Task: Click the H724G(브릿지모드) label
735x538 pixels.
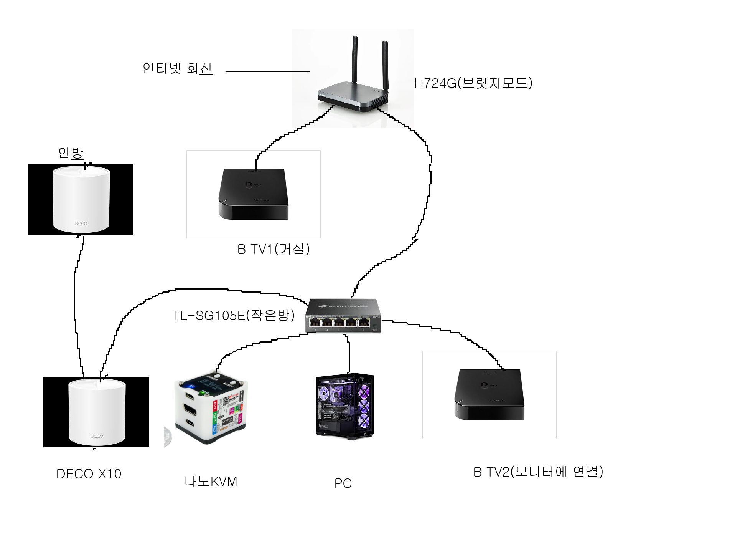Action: tap(473, 83)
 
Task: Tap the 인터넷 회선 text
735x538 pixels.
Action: tap(177, 68)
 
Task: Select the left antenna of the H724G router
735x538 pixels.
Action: tap(355, 61)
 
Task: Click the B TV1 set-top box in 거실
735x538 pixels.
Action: tap(253, 194)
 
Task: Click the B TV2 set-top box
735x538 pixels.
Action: tap(489, 394)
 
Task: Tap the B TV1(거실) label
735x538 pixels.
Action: tap(273, 249)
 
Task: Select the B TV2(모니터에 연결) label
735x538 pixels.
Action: tap(538, 472)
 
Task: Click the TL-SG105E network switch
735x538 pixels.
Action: tap(343, 316)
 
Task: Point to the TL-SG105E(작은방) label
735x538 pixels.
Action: tap(233, 315)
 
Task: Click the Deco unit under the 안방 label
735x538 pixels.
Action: tap(81, 199)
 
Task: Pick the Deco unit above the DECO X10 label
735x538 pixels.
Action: tap(97, 412)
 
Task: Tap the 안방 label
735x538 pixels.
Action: tap(71, 153)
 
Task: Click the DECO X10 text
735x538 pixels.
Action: tap(89, 474)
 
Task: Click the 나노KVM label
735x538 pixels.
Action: tap(211, 482)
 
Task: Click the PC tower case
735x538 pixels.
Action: tap(344, 406)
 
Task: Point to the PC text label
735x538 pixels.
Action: tap(343, 483)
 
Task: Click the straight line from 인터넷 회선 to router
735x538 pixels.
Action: tap(267, 71)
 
